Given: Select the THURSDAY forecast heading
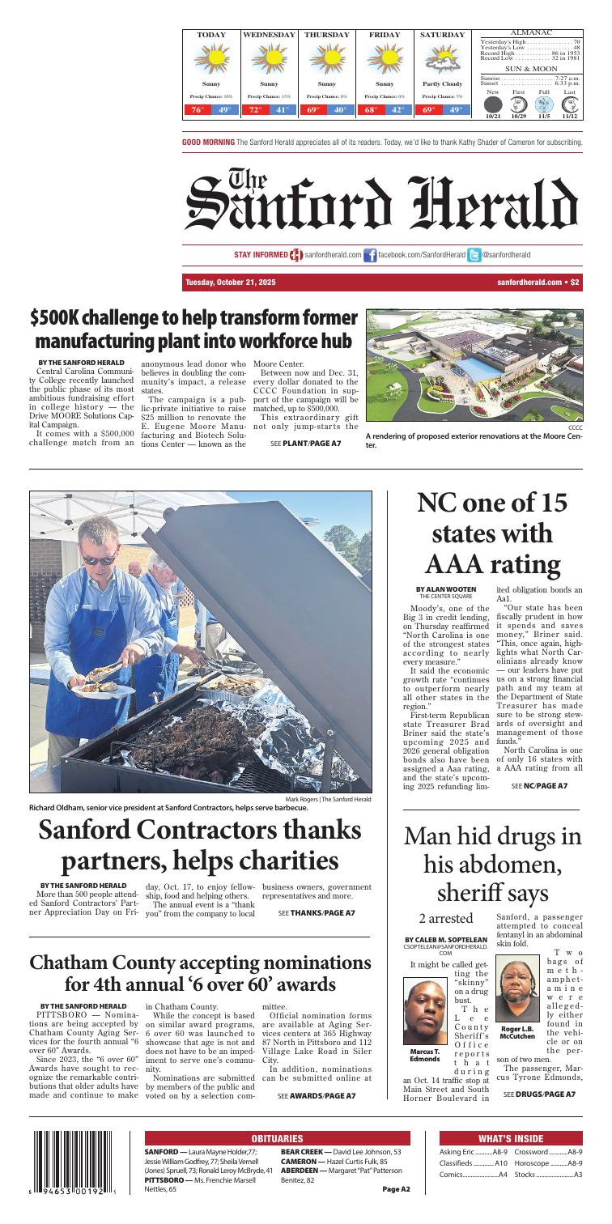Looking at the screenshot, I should pyautogui.click(x=327, y=36).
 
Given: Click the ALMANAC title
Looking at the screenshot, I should pyautogui.click(x=531, y=32).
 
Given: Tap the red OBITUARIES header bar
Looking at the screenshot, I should pyautogui.click(x=277, y=1138).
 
